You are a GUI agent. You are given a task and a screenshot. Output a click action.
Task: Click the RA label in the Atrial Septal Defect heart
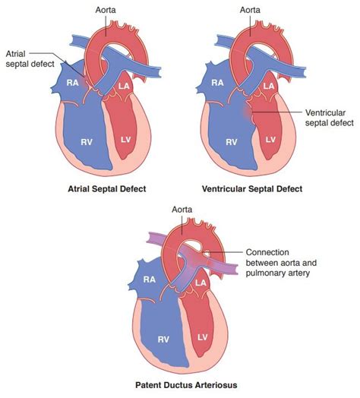[73, 83]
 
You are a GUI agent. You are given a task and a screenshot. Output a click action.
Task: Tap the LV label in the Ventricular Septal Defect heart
[270, 139]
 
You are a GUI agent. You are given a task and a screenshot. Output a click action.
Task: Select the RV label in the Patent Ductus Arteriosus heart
[163, 339]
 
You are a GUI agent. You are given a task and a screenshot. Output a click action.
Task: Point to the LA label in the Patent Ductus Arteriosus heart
[201, 283]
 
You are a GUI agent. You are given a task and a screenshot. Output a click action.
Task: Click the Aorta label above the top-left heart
[106, 10]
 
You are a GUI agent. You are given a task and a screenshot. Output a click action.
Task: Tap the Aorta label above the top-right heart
[250, 10]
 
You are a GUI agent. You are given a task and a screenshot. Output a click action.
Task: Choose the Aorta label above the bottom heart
[182, 210]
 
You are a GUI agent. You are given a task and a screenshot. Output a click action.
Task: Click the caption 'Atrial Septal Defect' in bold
[107, 189]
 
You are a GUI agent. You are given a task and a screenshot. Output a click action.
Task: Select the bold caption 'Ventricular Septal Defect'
[252, 189]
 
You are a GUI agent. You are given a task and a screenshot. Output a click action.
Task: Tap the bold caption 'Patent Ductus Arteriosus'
[186, 385]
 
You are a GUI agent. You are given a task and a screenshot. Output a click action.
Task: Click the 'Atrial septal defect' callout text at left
[30, 58]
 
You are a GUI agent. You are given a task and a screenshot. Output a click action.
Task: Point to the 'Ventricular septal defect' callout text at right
[330, 118]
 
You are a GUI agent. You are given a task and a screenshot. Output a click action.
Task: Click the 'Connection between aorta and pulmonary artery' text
[281, 263]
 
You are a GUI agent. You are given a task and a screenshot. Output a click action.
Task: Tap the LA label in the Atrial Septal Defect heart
[124, 86]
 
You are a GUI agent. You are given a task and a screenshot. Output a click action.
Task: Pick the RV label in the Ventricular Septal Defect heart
[232, 142]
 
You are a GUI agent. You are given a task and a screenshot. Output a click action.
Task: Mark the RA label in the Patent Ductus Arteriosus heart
[150, 280]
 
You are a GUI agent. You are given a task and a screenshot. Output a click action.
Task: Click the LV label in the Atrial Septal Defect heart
[125, 139]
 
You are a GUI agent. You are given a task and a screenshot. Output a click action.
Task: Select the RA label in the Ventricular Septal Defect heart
[217, 83]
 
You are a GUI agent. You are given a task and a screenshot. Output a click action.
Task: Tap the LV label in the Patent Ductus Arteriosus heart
[202, 337]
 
